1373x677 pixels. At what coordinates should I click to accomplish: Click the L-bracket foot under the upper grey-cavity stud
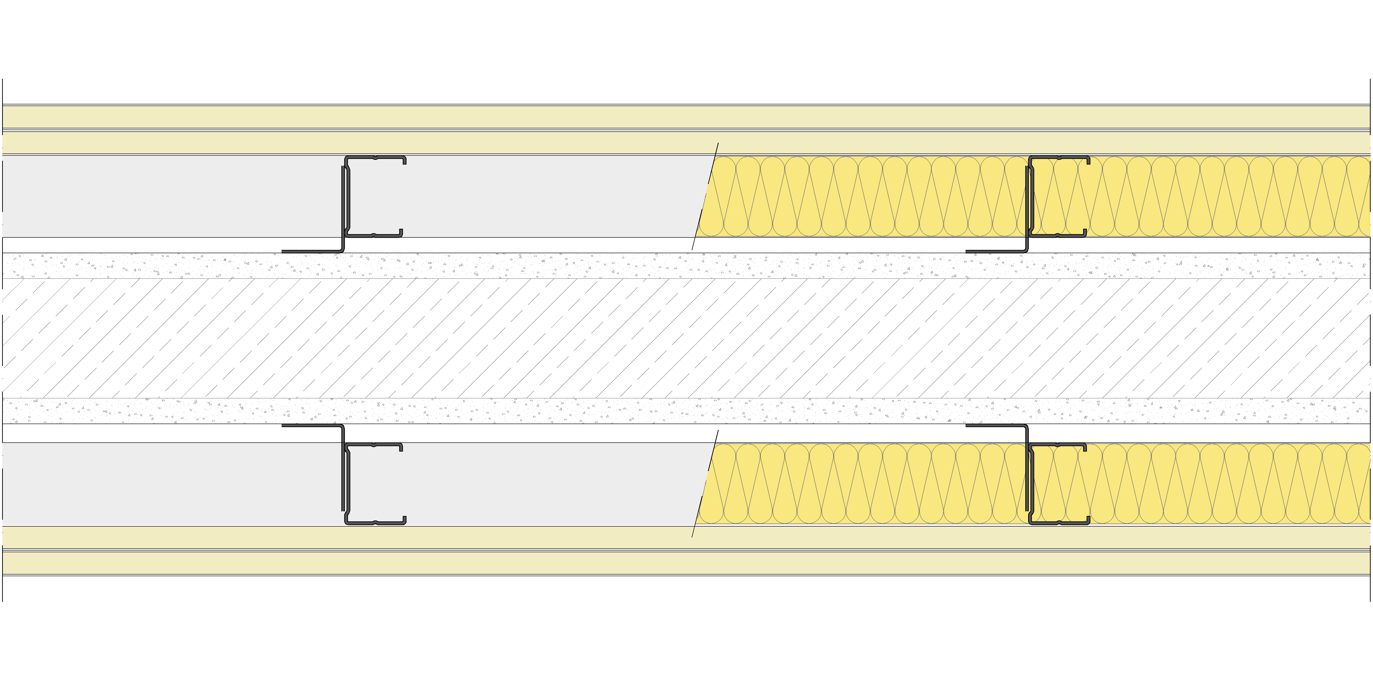312,251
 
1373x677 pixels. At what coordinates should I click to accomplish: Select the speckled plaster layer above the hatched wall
533,265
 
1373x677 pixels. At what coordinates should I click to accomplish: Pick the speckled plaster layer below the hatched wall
533,411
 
